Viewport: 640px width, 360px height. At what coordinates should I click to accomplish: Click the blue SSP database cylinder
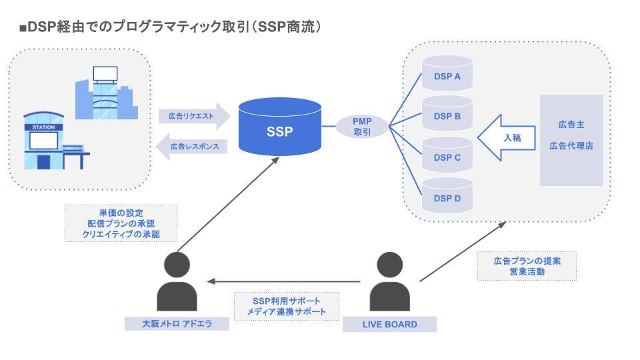click(x=279, y=131)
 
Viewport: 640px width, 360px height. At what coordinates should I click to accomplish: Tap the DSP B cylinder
click(x=447, y=117)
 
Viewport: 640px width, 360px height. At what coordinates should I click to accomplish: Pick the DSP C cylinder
click(x=447, y=157)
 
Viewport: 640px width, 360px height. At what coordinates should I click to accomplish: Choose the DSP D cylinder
click(x=447, y=198)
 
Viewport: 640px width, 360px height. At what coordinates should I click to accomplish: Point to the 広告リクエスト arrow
click(x=193, y=116)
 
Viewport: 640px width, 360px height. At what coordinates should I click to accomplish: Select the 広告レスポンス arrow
click(x=193, y=145)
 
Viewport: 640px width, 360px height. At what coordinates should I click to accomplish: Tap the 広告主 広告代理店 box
click(x=571, y=140)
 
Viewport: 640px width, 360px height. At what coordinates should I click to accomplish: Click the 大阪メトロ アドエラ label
click(x=177, y=324)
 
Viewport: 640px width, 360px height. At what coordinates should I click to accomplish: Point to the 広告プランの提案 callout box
click(x=527, y=266)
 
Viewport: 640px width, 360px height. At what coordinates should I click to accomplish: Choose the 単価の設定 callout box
click(x=121, y=223)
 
